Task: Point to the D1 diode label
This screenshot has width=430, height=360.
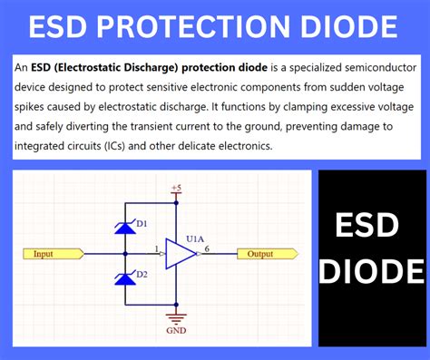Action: [x=142, y=222]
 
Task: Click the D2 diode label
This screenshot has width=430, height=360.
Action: [x=142, y=273]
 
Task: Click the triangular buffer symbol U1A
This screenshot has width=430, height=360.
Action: [x=180, y=254]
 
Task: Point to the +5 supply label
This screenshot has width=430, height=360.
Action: [x=175, y=188]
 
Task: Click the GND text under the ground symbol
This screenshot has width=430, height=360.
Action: [x=176, y=331]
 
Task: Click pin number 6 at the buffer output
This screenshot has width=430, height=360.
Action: [x=208, y=248]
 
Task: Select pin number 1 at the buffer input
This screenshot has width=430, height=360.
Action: [x=156, y=248]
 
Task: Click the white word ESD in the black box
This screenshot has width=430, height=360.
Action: [x=372, y=227]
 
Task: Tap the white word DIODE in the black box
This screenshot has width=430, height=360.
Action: [x=372, y=271]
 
